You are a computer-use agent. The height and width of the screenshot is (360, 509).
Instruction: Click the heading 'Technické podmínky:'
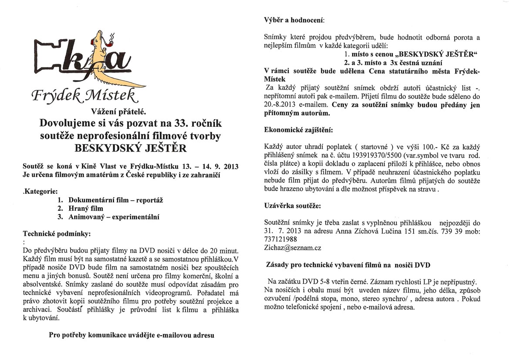57,234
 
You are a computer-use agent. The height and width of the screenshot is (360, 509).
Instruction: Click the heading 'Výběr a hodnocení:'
294,20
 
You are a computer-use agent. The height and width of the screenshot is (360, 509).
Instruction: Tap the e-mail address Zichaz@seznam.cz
292,248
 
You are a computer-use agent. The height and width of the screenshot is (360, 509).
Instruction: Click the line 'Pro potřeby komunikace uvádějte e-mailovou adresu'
131,336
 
